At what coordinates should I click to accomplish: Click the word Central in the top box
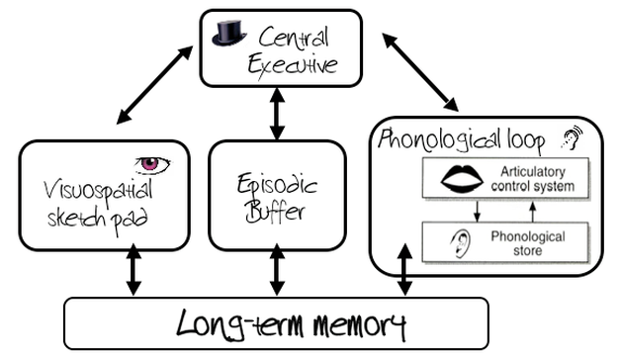pyautogui.click(x=293, y=39)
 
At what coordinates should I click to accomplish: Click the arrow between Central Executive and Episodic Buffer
pyautogui.click(x=277, y=115)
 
